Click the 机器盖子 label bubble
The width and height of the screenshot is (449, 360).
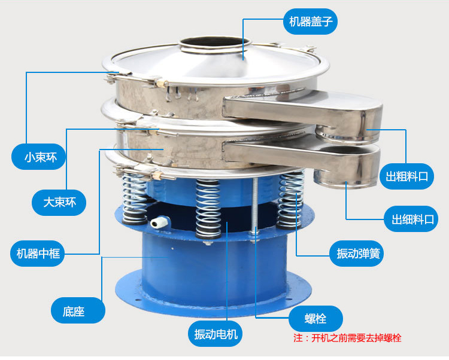pyautogui.click(x=310, y=22)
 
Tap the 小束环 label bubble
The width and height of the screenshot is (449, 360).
pyautogui.click(x=38, y=157)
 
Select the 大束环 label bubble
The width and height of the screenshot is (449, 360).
pyautogui.click(x=59, y=203)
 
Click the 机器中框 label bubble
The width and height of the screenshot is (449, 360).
pyautogui.click(x=38, y=254)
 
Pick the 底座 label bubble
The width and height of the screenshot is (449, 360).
pyautogui.click(x=78, y=310)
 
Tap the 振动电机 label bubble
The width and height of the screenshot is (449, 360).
pyautogui.click(x=215, y=334)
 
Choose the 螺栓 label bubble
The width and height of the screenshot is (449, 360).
pyautogui.click(x=315, y=319)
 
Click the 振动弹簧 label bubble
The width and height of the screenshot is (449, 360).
pyautogui.click(x=356, y=254)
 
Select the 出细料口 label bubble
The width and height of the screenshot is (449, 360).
pyautogui.click(x=411, y=219)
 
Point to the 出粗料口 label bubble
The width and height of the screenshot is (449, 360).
pyautogui.click(x=406, y=176)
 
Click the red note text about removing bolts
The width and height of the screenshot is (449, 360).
pyautogui.click(x=347, y=338)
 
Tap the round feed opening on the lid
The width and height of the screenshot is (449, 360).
pyautogui.click(x=215, y=44)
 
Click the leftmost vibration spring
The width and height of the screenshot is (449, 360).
pyautogui.click(x=134, y=198)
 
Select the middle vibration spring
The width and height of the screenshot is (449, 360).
pyautogui.click(x=208, y=209)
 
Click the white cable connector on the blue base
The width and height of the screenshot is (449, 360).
pyautogui.click(x=160, y=222)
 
